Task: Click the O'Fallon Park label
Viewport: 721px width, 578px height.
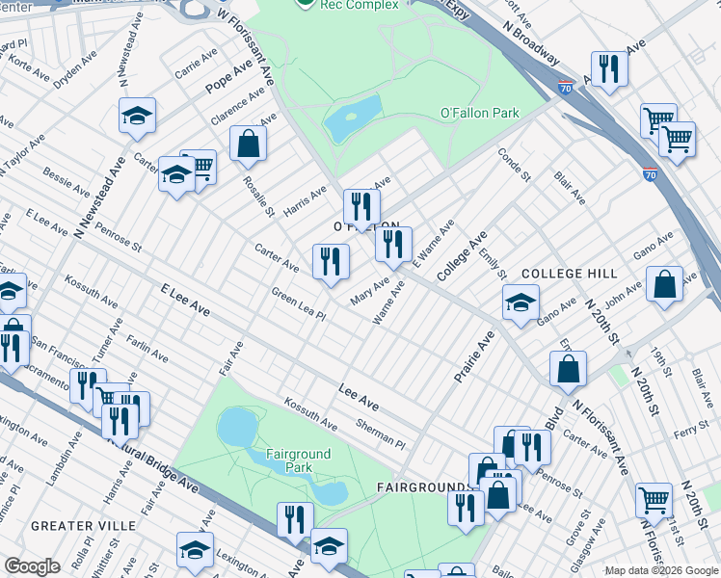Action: [x=479, y=113]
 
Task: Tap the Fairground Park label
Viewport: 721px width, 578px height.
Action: [x=298, y=460]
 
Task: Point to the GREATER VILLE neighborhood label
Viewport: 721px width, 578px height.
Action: [x=75, y=526]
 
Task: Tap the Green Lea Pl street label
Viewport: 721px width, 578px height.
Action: [x=299, y=306]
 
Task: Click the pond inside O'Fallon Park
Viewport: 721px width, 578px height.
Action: [x=352, y=118]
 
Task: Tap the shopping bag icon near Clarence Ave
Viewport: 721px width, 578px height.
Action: [x=249, y=144]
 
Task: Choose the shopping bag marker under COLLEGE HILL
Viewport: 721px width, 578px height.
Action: [x=664, y=284]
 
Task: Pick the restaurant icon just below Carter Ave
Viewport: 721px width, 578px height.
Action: [x=331, y=261]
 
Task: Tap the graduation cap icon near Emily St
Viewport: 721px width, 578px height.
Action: [x=521, y=302]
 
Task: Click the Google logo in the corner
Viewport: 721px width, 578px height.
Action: [x=33, y=566]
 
